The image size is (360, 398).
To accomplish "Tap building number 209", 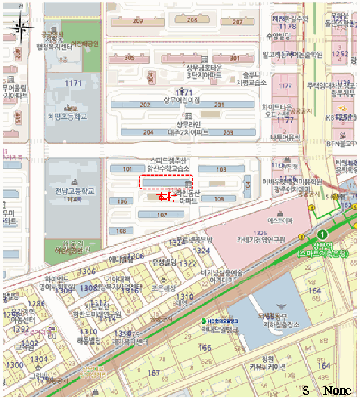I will [138, 21].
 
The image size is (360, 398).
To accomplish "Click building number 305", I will [129, 58].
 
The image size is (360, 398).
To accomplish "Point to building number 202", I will [145, 105].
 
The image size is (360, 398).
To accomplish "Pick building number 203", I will [228, 132].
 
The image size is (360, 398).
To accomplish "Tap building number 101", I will [127, 169].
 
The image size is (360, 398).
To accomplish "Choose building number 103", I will [221, 169].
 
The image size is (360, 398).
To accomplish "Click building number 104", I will [247, 185].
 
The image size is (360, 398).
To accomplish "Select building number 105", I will [220, 198].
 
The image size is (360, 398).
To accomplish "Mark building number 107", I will [162, 215].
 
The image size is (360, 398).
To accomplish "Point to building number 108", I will [121, 231].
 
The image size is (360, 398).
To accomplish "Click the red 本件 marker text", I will [165, 197].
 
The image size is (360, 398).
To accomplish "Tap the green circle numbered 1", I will [322, 234].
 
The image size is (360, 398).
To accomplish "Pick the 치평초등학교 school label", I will [68, 117].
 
